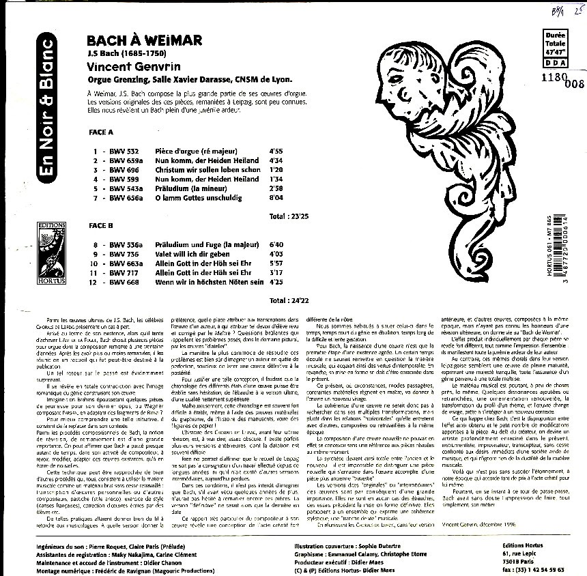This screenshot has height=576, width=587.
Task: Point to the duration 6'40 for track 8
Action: click(276, 243)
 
